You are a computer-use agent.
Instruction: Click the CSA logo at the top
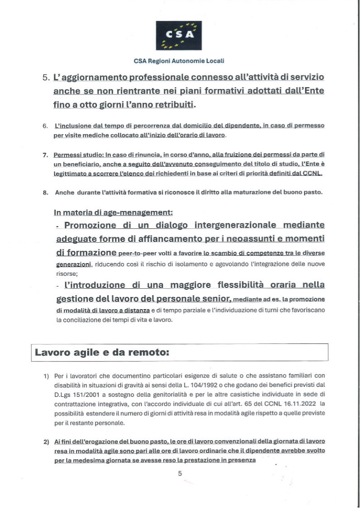point(179,35)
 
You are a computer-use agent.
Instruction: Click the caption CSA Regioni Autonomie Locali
point(179,60)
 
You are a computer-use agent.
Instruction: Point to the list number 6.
point(45,125)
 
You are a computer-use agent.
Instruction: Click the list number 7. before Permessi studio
point(46,155)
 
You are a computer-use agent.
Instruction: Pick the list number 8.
point(46,193)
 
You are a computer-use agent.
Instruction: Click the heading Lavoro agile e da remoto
point(102,352)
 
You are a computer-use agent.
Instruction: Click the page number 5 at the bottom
point(180,473)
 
